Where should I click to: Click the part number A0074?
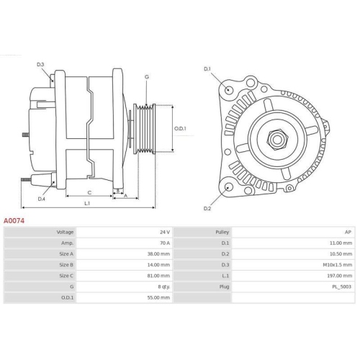point(15,220)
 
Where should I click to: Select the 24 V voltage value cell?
point(164,233)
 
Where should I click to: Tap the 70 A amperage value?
point(164,243)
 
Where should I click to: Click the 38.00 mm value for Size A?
point(159,254)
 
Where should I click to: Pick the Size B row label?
point(66,265)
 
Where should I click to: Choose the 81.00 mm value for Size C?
point(159,276)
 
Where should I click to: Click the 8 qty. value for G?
point(162,287)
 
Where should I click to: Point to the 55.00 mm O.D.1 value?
point(159,297)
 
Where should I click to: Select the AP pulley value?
point(348,233)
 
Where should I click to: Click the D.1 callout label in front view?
point(207,69)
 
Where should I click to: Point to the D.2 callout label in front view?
point(207,208)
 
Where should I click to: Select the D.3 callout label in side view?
point(41,66)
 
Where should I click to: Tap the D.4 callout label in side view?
point(41,199)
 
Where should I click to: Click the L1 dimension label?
point(86,204)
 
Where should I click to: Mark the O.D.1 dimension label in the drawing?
point(181,129)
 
